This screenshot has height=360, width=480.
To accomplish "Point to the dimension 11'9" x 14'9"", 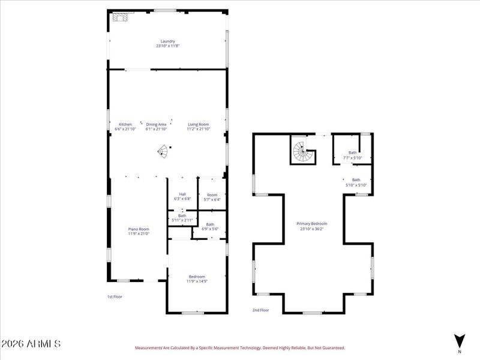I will tap(197, 280).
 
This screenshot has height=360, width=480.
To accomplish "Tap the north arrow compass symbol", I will tap(460, 341).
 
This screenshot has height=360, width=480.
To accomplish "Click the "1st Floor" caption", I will tap(114, 296).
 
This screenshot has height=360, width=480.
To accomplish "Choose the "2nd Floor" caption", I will tap(260, 310).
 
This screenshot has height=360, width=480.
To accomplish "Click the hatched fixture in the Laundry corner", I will tap(121, 18).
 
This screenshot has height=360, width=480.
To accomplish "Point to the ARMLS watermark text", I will tap(31, 344).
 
